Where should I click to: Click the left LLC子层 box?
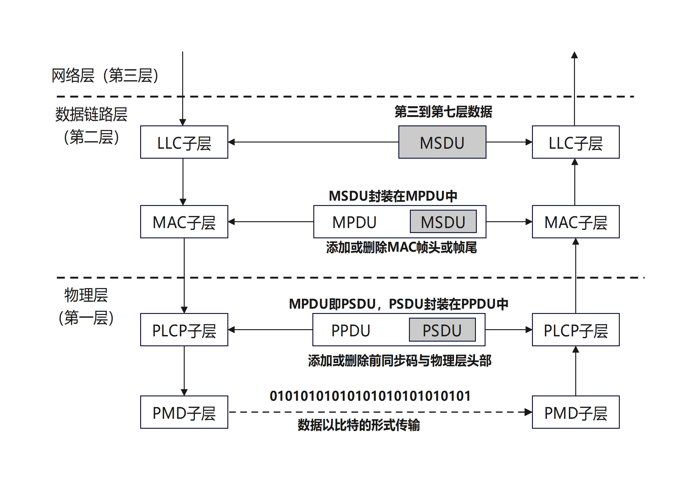click(184, 142)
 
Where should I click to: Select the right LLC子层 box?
click(576, 142)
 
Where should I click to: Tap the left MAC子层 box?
click(184, 222)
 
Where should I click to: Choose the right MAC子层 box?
click(576, 222)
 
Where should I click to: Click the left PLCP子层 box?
click(184, 330)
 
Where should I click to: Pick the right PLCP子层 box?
click(576, 330)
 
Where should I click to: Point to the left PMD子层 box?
click(184, 412)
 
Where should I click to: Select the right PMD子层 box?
click(576, 412)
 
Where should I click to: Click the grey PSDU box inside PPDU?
click(442, 330)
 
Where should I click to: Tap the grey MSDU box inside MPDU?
click(443, 222)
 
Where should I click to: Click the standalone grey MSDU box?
click(442, 142)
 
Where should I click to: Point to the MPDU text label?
click(354, 222)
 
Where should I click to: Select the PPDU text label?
click(351, 330)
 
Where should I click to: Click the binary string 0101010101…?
click(370, 396)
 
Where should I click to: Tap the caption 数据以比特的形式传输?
click(359, 425)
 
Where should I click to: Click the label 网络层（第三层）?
click(105, 76)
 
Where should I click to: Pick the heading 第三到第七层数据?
click(443, 112)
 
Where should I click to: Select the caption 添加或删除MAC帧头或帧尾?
click(401, 248)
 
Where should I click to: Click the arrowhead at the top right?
click(575, 55)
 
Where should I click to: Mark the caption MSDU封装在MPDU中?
click(393, 196)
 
